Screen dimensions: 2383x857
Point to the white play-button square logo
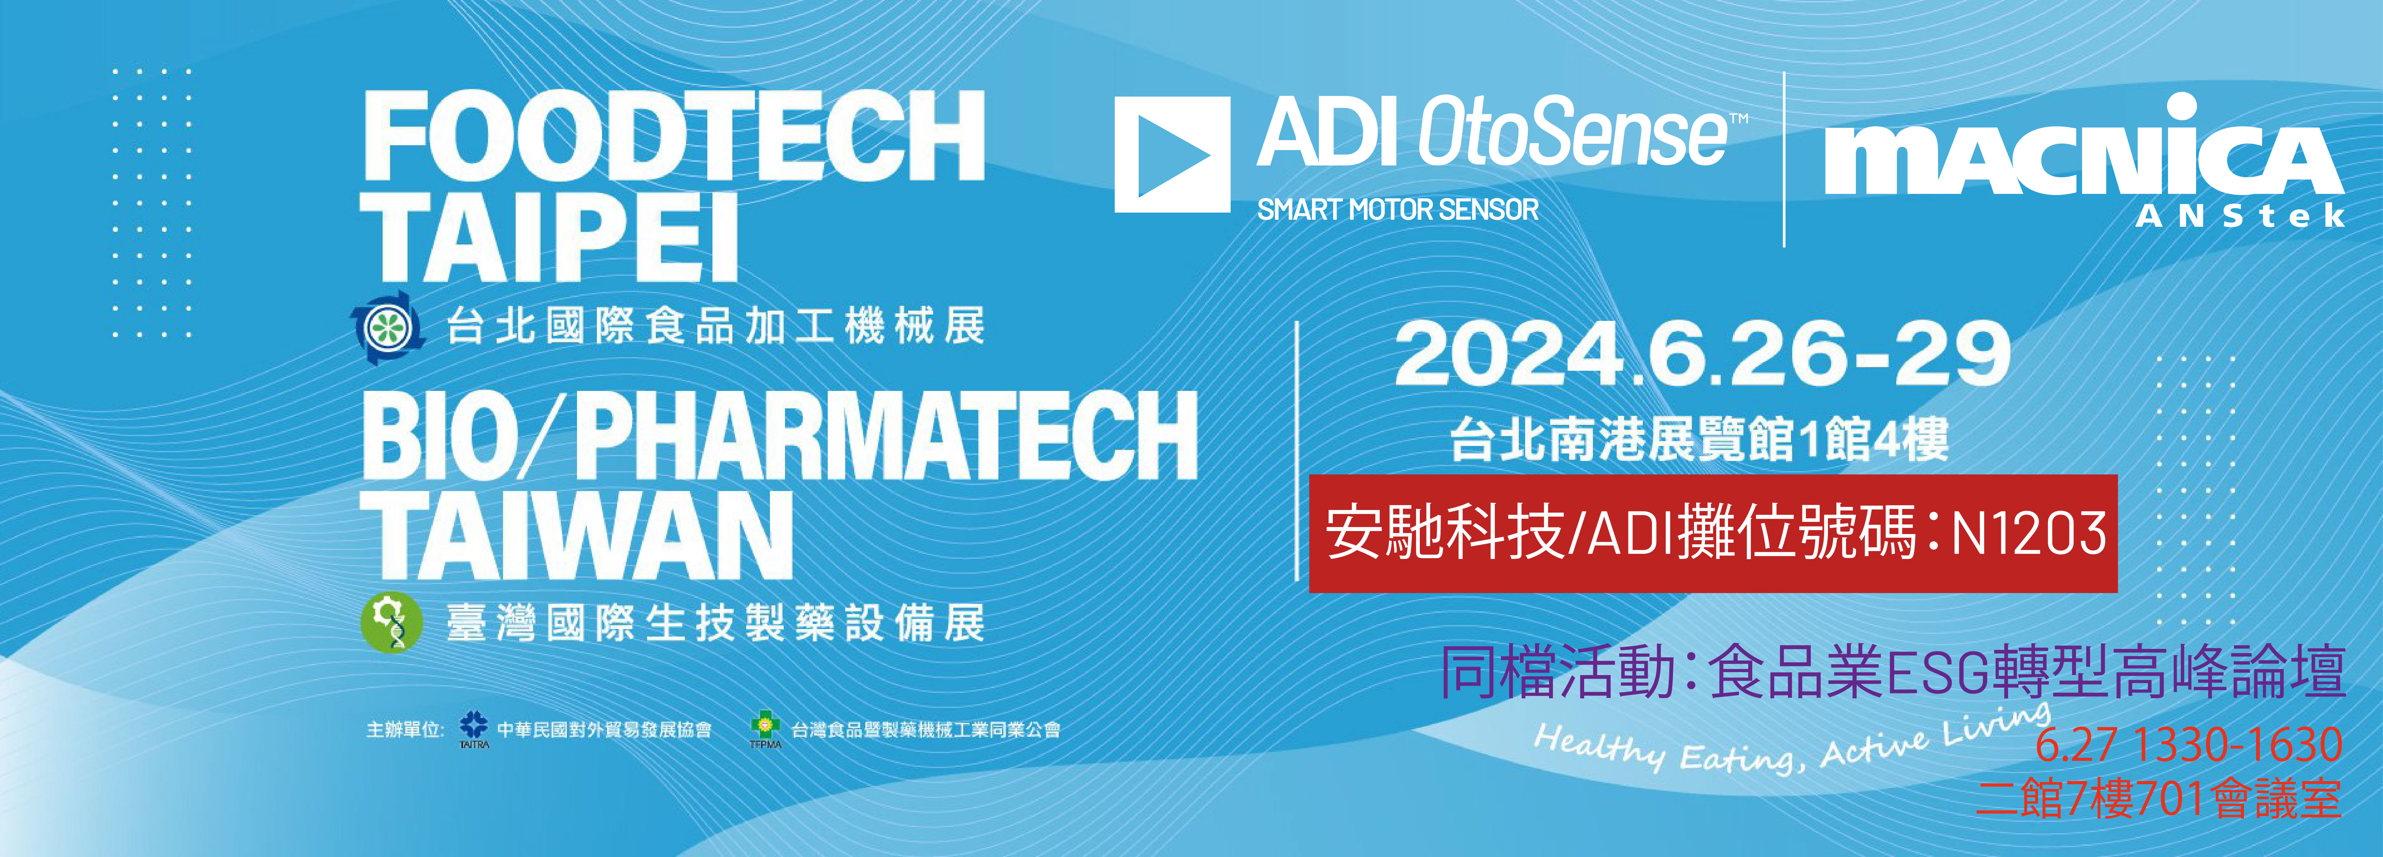pyautogui.click(x=1172, y=154)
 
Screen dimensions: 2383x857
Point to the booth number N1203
pyautogui.click(x=2029, y=533)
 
